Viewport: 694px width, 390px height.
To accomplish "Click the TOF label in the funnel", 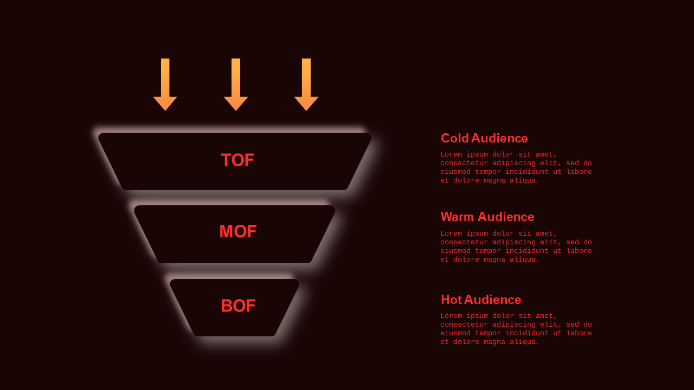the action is click(237, 160).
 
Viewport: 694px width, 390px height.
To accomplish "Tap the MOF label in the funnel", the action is click(238, 231).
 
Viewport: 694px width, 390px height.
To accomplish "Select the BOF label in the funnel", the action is click(238, 306).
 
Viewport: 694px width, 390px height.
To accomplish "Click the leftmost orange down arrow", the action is click(165, 84).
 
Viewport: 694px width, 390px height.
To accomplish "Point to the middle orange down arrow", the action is click(236, 84).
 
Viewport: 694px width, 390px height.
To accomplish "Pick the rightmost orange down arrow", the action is click(306, 84).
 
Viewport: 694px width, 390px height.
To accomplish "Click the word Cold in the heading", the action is click(455, 138).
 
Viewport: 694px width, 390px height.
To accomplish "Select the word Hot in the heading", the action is click(452, 300).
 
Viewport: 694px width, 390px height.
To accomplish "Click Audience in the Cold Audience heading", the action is click(499, 138).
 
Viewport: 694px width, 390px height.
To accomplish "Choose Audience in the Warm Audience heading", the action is click(506, 217).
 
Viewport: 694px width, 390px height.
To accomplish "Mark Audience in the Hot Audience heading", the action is click(493, 300).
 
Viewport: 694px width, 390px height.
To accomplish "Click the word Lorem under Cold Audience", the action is click(451, 154).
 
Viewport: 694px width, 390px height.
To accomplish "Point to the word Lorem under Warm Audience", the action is click(451, 233).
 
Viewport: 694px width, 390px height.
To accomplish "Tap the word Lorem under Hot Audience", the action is click(451, 316).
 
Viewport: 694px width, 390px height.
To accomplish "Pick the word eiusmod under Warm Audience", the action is click(455, 251).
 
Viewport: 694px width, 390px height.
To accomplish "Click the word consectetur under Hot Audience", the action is click(464, 324).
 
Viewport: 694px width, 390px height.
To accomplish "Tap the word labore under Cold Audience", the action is click(580, 172).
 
